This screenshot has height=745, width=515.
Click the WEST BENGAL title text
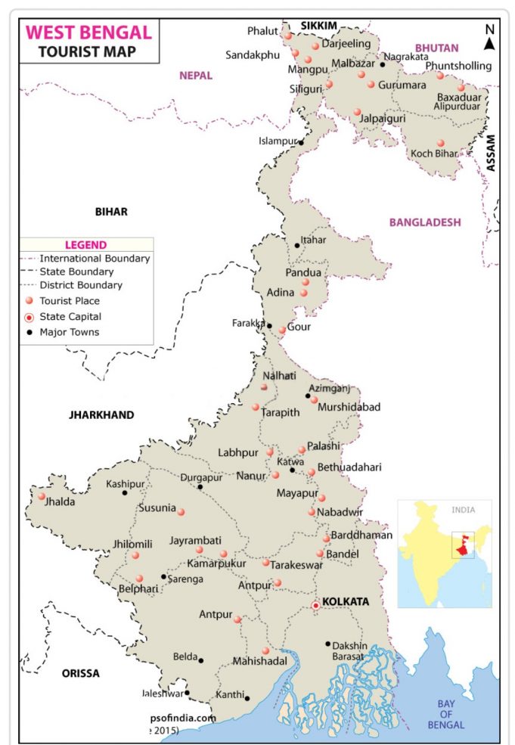[x=88, y=33]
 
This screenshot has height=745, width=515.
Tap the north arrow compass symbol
[x=489, y=37]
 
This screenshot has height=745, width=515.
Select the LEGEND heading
[x=85, y=245]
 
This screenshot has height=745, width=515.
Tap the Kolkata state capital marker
[x=315, y=605]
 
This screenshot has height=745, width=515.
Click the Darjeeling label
[x=346, y=44]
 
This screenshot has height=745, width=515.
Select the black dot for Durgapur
[x=200, y=486]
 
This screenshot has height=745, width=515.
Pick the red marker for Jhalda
[x=42, y=497]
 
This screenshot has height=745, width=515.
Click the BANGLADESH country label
[x=424, y=222]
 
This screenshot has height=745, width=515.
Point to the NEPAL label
[x=195, y=76]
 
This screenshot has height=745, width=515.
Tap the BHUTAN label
[x=436, y=48]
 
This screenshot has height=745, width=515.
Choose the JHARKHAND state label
[x=101, y=415]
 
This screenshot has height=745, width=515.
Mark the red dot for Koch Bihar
[x=441, y=142]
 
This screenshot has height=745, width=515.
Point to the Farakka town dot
[x=270, y=326]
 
